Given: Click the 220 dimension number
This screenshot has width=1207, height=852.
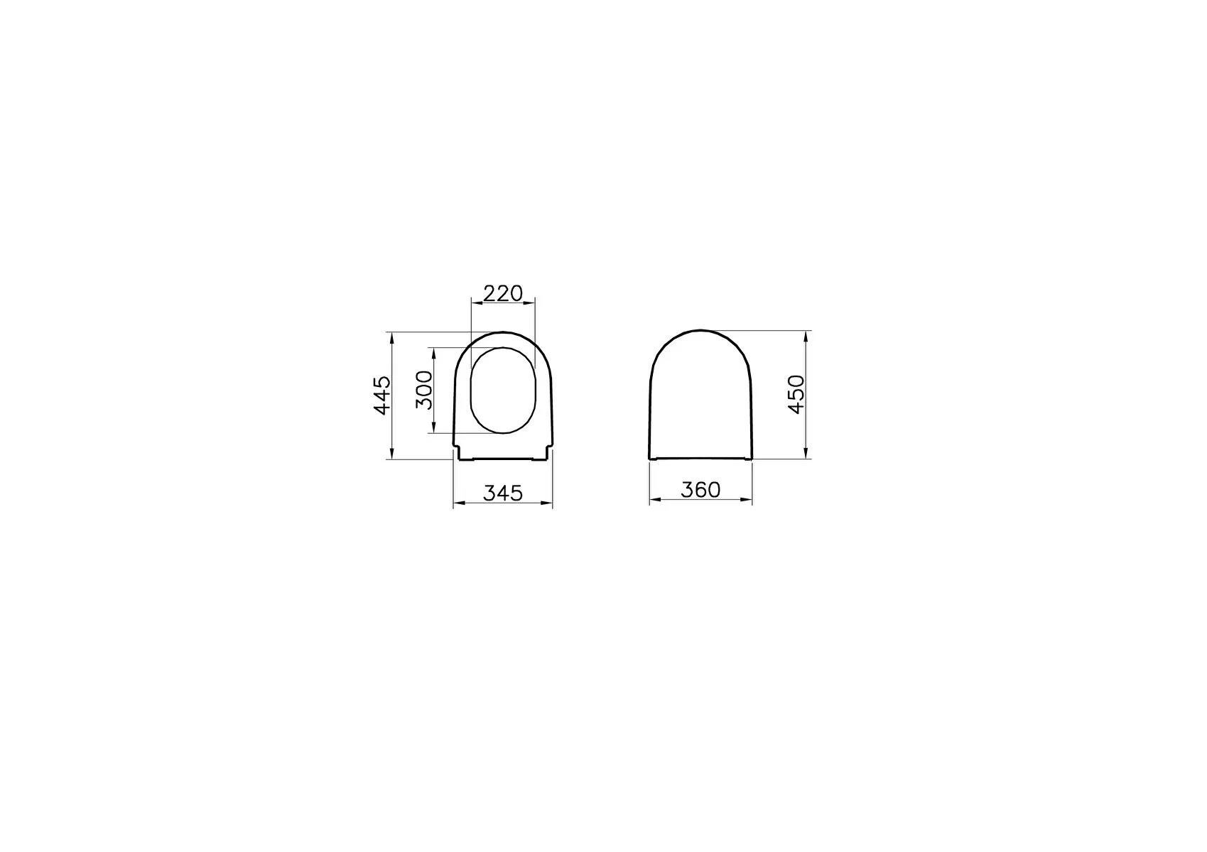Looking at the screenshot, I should [x=503, y=293].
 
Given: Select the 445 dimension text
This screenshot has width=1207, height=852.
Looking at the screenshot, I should [x=382, y=395].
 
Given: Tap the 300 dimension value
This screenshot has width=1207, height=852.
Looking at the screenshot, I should [x=423, y=390].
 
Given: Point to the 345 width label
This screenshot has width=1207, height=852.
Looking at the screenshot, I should [x=503, y=492].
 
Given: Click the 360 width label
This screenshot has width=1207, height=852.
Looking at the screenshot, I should [x=700, y=489].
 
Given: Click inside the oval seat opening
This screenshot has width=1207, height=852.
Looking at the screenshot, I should [x=503, y=390].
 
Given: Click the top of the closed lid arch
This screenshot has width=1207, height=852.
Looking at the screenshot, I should [x=700, y=330].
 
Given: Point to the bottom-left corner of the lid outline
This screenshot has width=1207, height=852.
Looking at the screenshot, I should [x=650, y=458].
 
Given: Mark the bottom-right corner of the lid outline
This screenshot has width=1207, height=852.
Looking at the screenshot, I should [x=752, y=458].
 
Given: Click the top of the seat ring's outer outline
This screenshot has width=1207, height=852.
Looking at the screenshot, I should [x=503, y=332].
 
